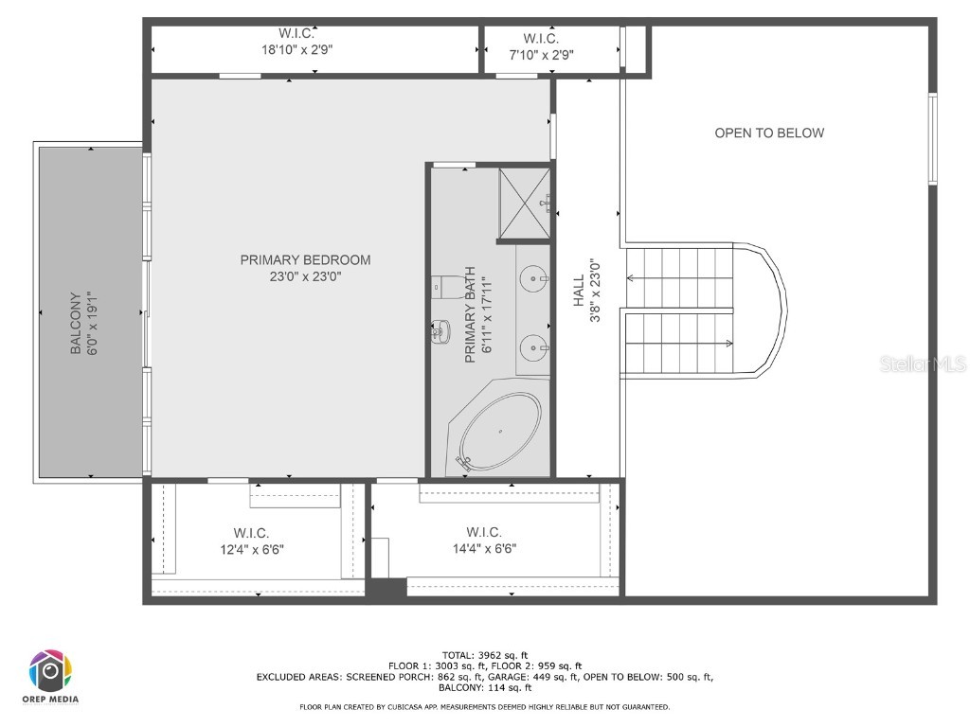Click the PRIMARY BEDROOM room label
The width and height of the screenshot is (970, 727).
tap(305, 259)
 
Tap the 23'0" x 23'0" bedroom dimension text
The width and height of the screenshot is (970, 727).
tap(305, 277)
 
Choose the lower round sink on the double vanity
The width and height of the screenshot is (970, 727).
tap(532, 347)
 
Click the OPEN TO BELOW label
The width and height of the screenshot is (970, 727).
tap(769, 133)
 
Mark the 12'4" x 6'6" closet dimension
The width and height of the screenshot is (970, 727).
tap(252, 549)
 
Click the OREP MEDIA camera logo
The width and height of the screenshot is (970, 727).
tap(51, 671)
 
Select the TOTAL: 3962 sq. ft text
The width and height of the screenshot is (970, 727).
tap(485, 655)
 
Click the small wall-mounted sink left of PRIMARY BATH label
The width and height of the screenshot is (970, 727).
tap(441, 331)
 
